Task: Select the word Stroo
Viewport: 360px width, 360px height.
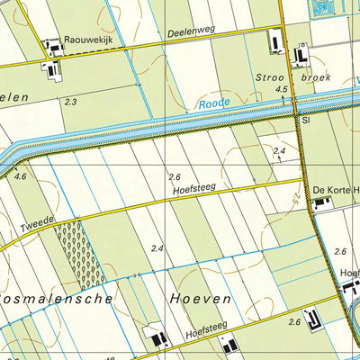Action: pos(272,77)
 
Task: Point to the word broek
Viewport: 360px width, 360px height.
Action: pos(316,77)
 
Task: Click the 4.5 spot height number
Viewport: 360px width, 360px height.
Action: pos(281,90)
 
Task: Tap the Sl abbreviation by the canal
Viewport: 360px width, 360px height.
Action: pos(306,119)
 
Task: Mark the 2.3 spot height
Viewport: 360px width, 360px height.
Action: pos(70,103)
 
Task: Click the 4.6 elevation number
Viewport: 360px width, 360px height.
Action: pos(21,178)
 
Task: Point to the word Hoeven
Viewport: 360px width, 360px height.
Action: pos(200,298)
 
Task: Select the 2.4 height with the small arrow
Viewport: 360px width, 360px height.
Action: pos(279,151)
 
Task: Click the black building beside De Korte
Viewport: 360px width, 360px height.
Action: pos(320,204)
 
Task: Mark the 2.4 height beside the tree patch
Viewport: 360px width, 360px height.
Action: pos(158,248)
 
